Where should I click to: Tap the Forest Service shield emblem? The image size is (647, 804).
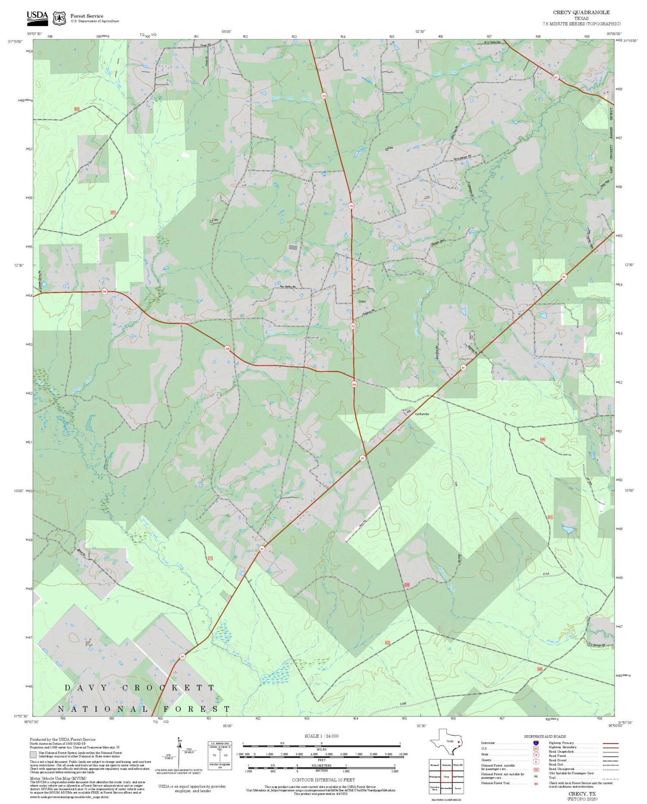59,18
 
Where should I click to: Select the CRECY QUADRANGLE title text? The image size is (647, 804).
581,13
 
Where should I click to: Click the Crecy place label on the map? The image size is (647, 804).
362,301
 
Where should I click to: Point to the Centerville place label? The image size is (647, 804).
422,414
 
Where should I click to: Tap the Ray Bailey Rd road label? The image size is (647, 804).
288,287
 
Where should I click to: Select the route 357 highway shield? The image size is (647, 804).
556,77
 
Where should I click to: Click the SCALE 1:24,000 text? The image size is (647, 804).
321,736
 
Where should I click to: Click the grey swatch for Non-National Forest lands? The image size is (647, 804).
33,755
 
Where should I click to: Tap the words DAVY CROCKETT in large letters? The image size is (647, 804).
139,687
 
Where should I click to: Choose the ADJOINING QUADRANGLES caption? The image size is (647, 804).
446,799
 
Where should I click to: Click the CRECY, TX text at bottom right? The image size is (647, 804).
582,794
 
